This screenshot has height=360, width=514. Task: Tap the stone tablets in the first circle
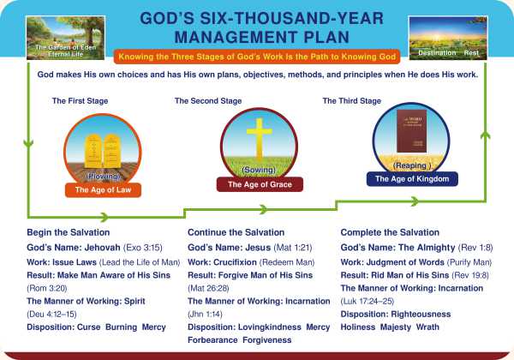click(x=103, y=151)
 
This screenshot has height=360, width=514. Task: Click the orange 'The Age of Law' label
click(x=104, y=190)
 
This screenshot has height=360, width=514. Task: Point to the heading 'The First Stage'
click(x=81, y=101)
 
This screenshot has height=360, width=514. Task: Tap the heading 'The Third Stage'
click(x=352, y=101)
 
